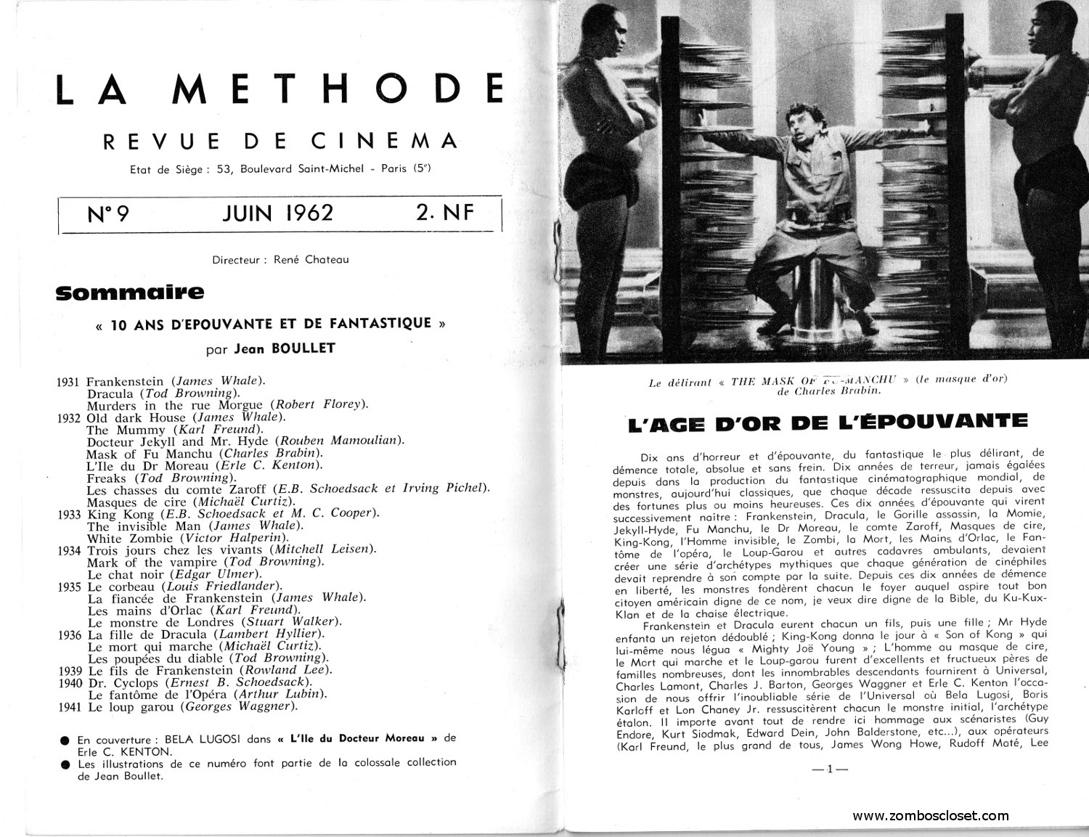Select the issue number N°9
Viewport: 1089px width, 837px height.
click(107, 214)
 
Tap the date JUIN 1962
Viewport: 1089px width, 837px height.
click(277, 213)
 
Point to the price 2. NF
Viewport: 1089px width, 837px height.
click(444, 213)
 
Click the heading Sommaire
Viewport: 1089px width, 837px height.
click(130, 293)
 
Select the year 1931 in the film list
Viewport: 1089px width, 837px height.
click(70, 381)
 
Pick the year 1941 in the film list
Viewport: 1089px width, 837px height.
click(70, 706)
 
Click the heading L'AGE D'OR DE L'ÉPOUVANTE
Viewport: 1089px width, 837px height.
click(828, 422)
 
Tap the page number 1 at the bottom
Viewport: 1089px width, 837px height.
click(828, 769)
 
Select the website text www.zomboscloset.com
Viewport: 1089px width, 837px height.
click(930, 816)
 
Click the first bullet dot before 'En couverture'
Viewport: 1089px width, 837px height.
click(65, 740)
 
